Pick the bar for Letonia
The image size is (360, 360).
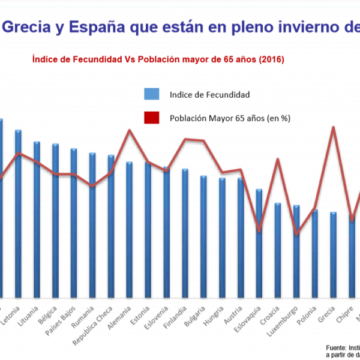point(19,213)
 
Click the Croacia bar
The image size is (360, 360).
point(278,250)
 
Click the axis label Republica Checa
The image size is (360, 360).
point(96,327)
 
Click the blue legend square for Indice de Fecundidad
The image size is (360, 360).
point(151,94)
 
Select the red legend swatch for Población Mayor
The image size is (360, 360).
point(151,118)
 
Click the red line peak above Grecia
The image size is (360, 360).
point(333,127)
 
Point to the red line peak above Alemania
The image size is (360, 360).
point(129,130)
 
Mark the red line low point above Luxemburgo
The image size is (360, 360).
point(296,234)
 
